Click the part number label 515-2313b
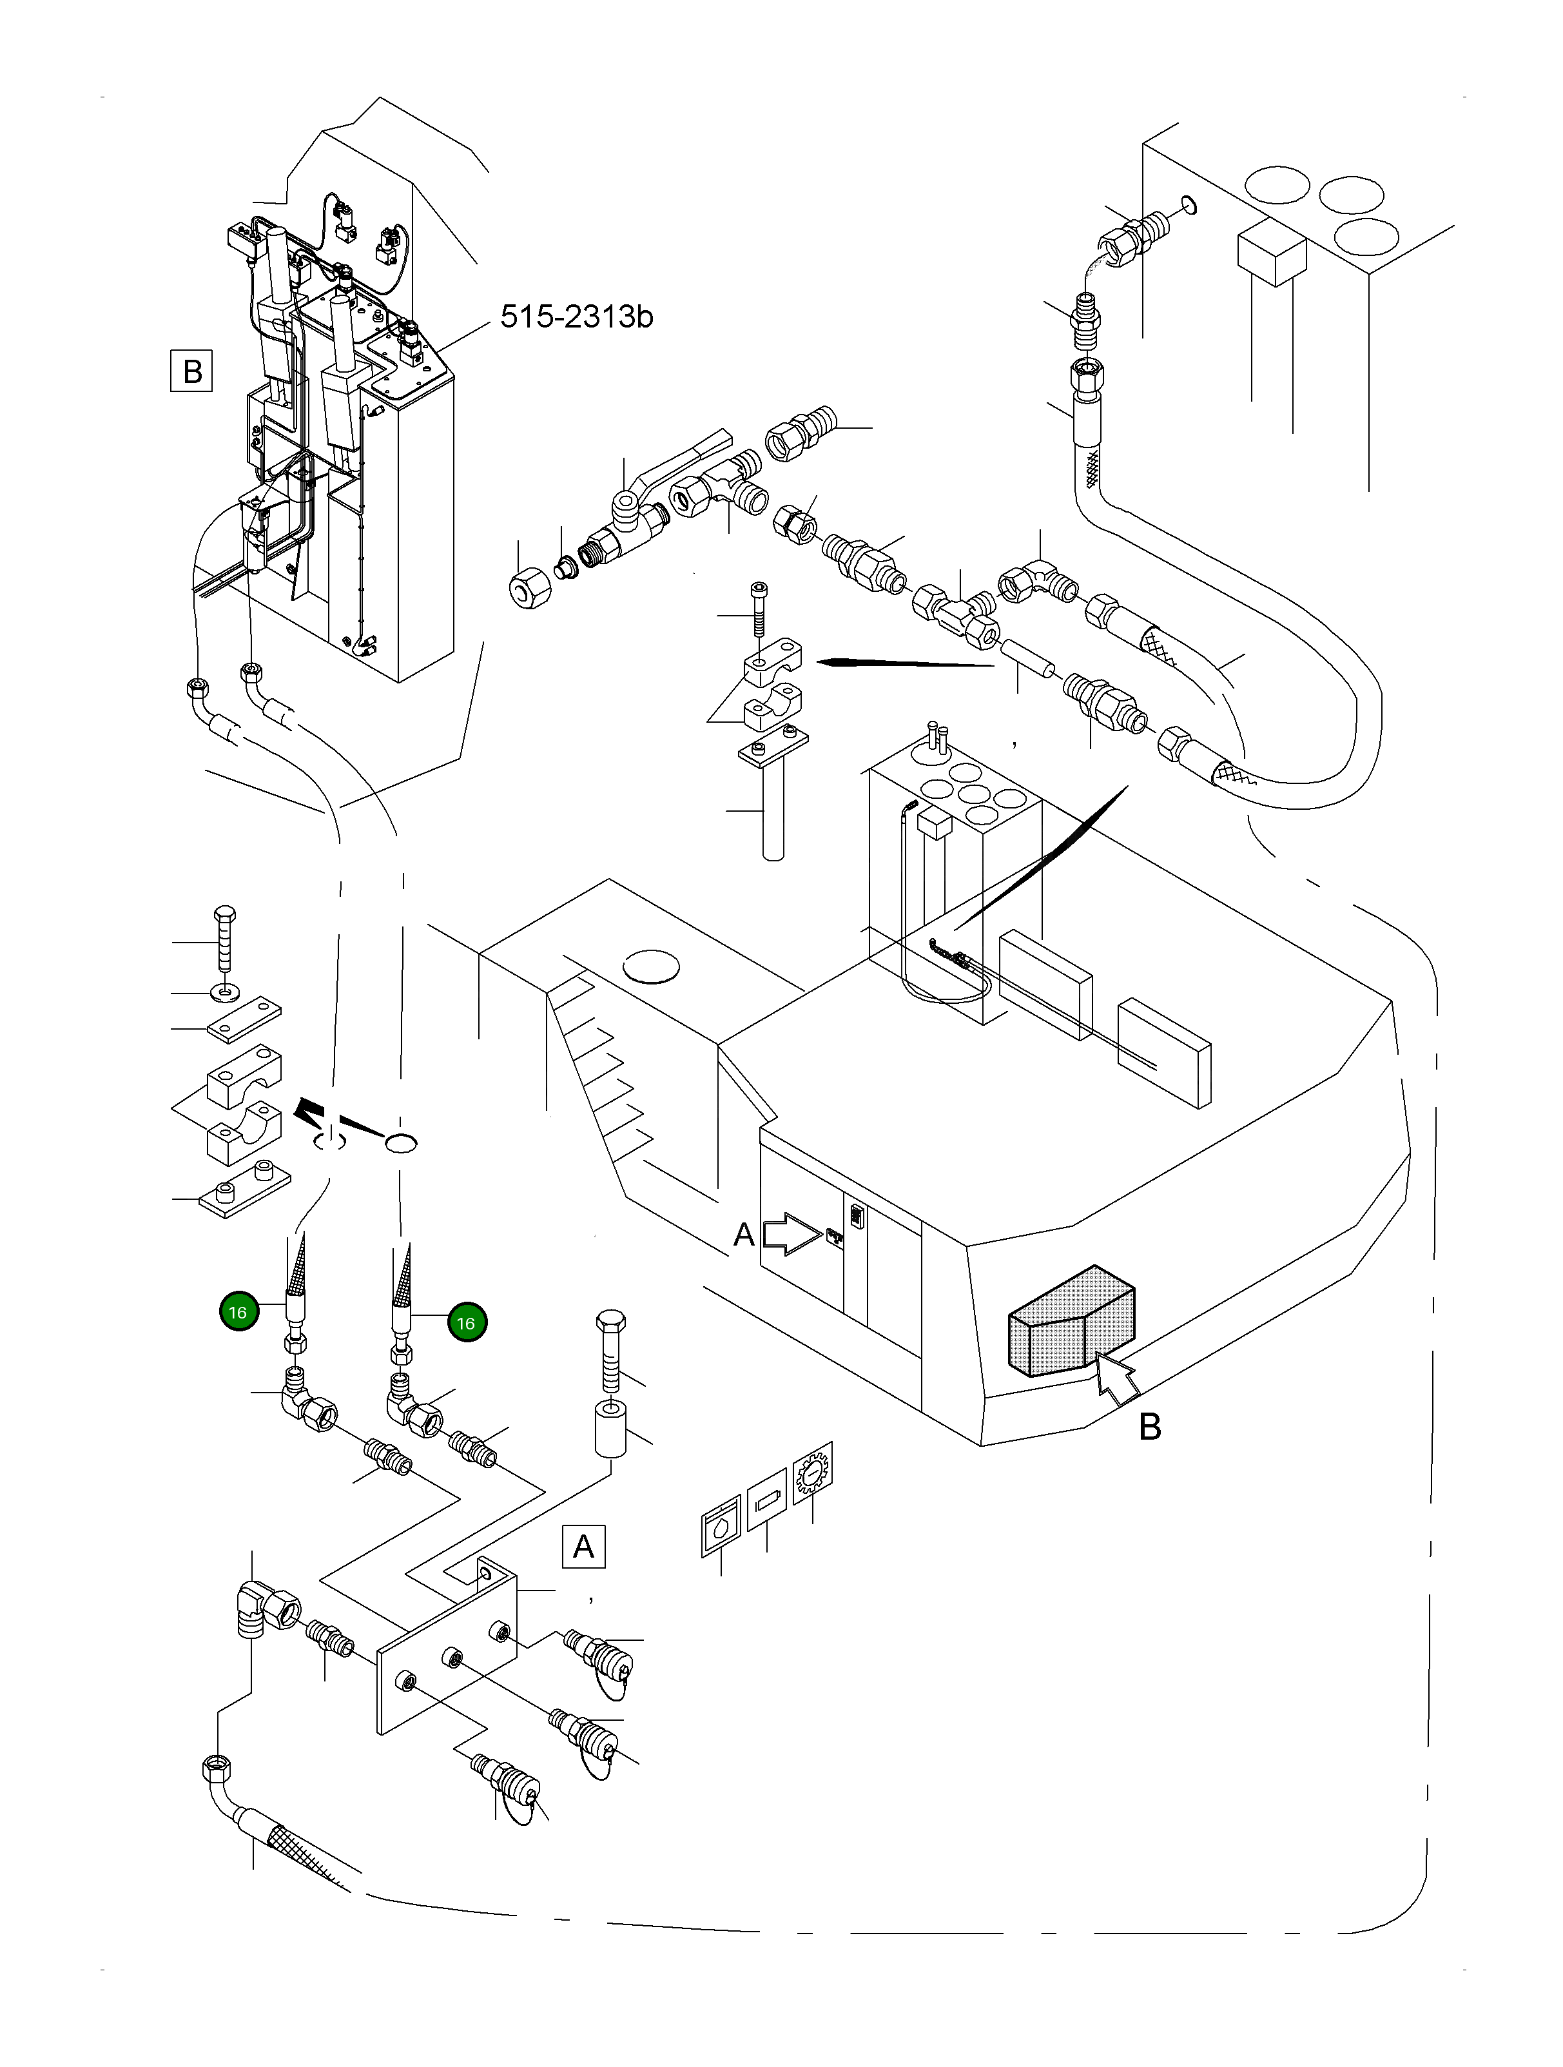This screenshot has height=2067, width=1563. click(576, 317)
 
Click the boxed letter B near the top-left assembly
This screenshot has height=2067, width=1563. click(191, 371)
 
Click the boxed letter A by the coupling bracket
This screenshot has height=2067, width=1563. click(583, 1547)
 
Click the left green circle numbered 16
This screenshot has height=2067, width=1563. click(238, 1312)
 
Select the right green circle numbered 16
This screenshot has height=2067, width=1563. click(466, 1322)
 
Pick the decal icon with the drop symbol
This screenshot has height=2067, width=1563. click(721, 1531)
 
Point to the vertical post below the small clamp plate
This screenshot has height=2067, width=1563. click(773, 809)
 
